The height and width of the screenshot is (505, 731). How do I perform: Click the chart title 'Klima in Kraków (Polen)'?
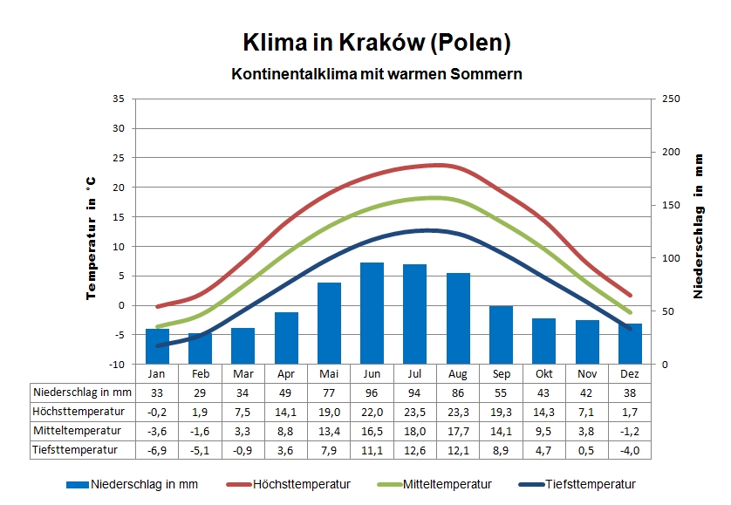[376, 42]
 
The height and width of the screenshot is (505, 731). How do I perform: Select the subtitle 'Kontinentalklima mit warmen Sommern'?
[376, 74]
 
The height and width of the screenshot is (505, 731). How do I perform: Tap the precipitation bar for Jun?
[372, 313]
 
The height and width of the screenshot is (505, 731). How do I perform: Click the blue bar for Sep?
[501, 335]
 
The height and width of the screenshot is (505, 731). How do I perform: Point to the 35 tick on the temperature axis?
[119, 99]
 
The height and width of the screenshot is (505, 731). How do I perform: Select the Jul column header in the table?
[415, 373]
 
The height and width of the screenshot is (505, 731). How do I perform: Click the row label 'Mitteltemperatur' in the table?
[77, 431]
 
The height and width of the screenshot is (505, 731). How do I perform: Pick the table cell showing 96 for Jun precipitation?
[372, 392]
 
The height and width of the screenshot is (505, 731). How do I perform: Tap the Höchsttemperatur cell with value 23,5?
[415, 412]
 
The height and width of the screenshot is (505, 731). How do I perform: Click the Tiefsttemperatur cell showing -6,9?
[157, 450]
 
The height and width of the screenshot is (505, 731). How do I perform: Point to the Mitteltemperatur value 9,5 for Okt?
[544, 431]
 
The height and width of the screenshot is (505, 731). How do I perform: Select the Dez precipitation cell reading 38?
[630, 392]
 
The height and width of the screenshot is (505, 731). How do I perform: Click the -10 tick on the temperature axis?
[117, 364]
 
